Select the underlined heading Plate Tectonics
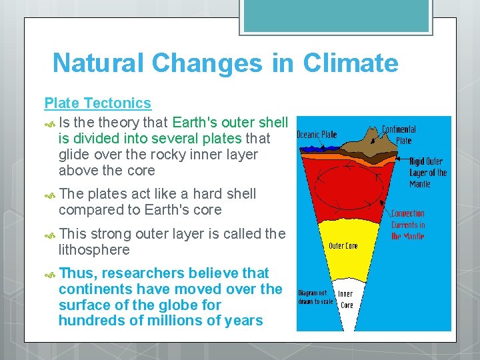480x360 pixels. coord(97,103)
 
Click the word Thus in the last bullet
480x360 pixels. coord(77,273)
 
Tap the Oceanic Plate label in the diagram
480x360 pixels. coord(317,134)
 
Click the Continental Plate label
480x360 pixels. coord(399,135)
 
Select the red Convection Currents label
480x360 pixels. coord(407,225)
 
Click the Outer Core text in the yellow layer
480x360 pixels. coord(343,245)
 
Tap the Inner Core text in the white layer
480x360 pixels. coord(347,299)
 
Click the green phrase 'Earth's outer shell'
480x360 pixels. coord(230,123)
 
